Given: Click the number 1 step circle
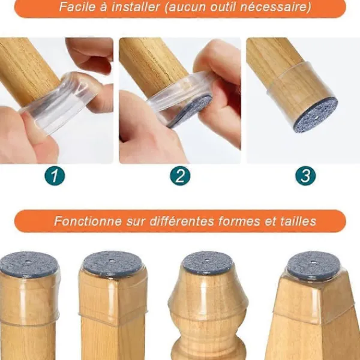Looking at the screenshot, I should click(x=55, y=176).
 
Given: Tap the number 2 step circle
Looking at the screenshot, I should click(x=180, y=176).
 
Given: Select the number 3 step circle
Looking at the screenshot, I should click(x=305, y=176).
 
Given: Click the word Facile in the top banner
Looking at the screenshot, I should click(x=77, y=8).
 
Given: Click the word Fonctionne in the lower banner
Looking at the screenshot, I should click(x=87, y=221).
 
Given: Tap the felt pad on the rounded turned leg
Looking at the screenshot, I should click(x=207, y=263).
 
